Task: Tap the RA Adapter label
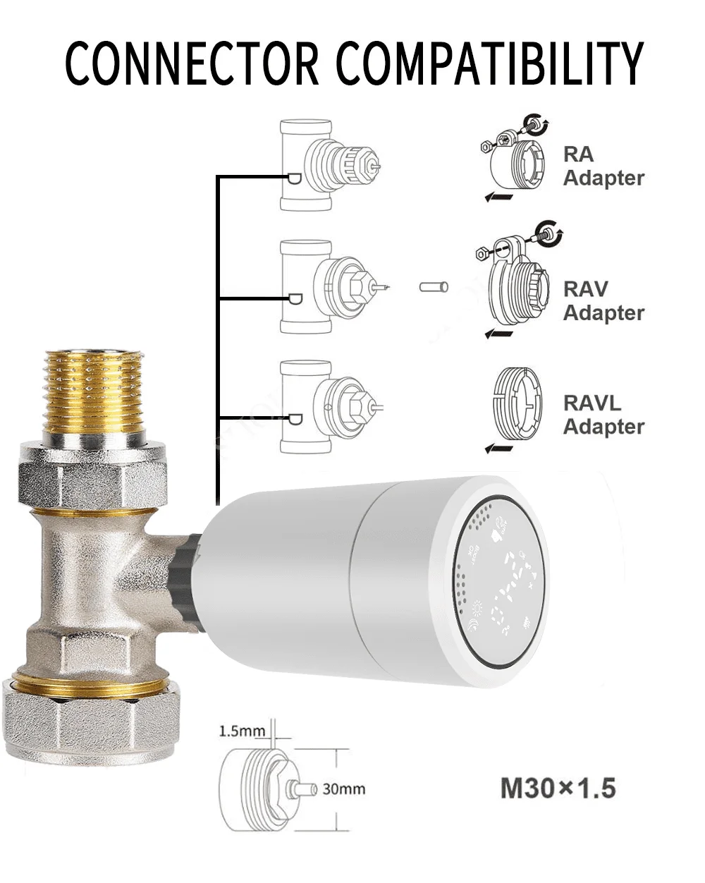(603, 166)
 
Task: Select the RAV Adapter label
(603, 301)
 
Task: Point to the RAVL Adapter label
(603, 415)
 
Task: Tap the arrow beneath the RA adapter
(498, 197)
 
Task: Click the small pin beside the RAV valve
(433, 287)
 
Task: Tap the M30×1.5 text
(558, 788)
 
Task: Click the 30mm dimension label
(344, 788)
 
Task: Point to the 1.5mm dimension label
(242, 731)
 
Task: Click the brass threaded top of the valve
(94, 391)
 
